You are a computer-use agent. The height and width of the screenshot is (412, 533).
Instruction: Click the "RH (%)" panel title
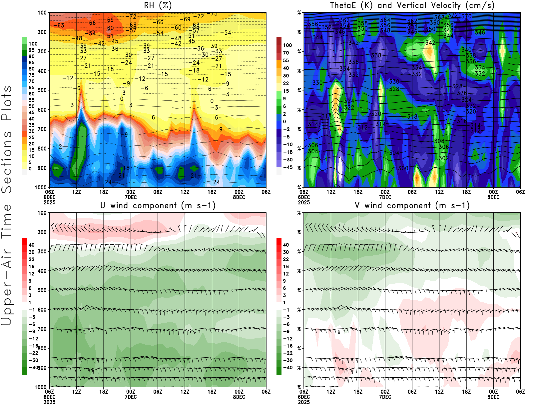(x=158, y=5)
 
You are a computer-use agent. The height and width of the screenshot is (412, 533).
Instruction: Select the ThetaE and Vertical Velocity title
(x=412, y=5)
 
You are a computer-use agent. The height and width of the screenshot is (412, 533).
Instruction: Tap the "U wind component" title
(x=158, y=206)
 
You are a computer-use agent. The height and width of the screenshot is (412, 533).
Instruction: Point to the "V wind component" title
(x=412, y=206)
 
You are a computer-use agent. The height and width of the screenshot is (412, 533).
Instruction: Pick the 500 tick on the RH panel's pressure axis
(x=42, y=90)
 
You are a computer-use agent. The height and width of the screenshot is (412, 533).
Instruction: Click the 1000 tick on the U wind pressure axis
(x=41, y=387)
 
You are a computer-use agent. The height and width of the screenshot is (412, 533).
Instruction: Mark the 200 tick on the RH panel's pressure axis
(x=42, y=32)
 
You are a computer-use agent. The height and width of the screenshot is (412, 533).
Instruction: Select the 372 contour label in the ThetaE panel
(x=453, y=15)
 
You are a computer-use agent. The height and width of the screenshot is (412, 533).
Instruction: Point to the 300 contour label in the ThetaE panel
(x=403, y=168)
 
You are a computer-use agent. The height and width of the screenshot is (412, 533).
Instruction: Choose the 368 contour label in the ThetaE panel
(x=439, y=17)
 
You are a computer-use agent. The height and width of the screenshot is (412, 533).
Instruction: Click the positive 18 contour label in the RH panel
(x=126, y=168)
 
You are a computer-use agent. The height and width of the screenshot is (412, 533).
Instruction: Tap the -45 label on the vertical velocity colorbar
(x=288, y=167)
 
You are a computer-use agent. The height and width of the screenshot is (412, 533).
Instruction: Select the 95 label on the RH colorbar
(x=31, y=50)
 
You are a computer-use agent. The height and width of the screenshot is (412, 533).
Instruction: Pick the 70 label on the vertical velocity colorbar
(x=286, y=53)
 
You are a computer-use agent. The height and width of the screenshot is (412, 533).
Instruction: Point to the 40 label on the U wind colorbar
(x=31, y=245)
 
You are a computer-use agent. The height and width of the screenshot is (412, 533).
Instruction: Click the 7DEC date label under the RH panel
(x=131, y=197)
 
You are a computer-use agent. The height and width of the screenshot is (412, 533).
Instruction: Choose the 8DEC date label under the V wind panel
(x=493, y=397)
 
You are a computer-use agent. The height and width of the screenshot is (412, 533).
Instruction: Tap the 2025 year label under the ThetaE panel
(x=304, y=202)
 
